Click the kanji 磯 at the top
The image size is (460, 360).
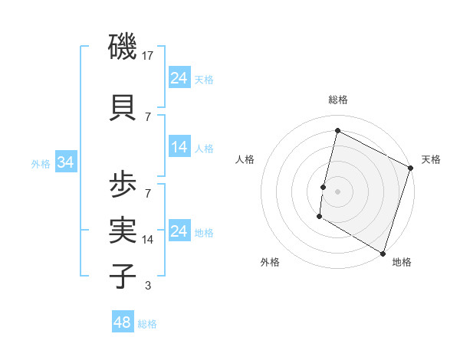[123, 50]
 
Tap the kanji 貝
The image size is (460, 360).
[123, 107]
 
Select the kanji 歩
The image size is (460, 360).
[123, 185]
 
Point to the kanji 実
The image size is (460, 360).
[123, 228]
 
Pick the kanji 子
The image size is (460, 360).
[123, 276]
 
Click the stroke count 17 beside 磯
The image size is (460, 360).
[149, 56]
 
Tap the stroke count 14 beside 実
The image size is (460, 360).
[149, 239]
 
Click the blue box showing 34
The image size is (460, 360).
[66, 162]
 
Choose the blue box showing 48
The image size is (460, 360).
[123, 322]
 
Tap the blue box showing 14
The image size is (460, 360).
[179, 147]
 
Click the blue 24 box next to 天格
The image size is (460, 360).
[179, 78]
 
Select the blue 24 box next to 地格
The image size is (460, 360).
[179, 231]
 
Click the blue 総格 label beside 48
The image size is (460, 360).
[147, 324]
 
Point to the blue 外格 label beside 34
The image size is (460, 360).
[41, 163]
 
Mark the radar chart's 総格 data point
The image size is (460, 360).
[337, 130]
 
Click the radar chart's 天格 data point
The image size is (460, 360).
[410, 168]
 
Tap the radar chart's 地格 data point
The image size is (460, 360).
[383, 253]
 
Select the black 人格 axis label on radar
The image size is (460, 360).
[245, 159]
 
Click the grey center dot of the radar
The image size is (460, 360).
[337, 191]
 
